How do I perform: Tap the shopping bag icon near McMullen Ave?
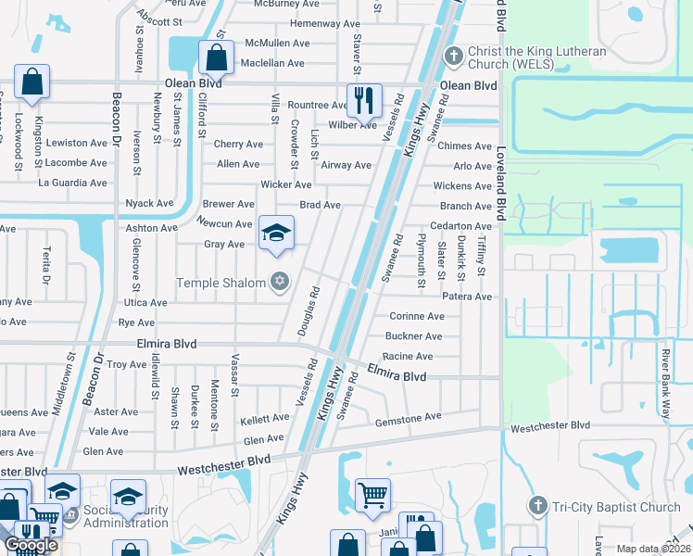[x=215, y=57]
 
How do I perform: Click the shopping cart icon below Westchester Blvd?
[x=372, y=494]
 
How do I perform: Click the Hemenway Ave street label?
[x=325, y=23]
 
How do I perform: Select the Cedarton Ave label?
[x=460, y=226]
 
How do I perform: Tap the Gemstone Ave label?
[x=408, y=418]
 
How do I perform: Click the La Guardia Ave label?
[x=72, y=183]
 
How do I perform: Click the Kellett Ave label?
[x=264, y=419]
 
